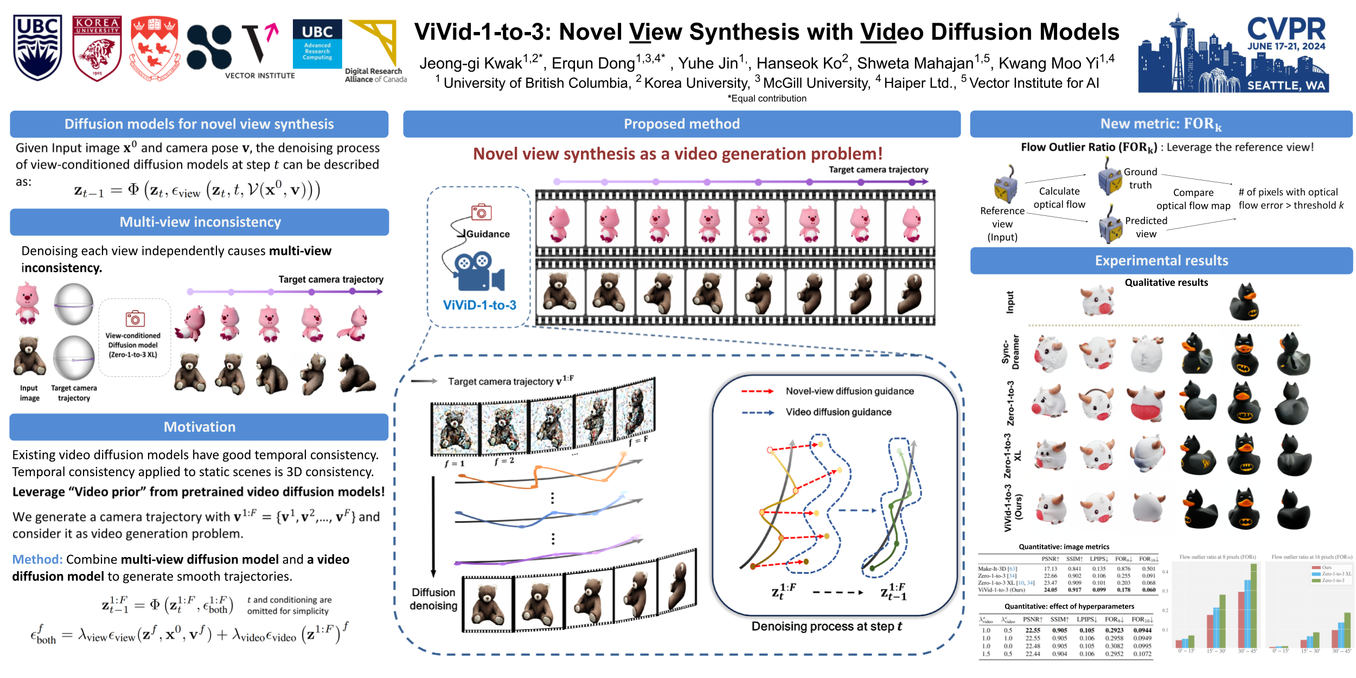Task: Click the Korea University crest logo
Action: (97, 48)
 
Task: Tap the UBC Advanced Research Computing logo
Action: (317, 44)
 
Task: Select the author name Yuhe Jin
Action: (711, 63)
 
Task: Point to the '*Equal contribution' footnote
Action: (767, 99)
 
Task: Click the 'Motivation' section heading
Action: (199, 427)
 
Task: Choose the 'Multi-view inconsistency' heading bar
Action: (200, 222)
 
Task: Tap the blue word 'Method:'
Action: (37, 559)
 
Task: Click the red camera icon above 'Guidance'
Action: (481, 212)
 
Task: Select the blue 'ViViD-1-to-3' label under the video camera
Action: (479, 305)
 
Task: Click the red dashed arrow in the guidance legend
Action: (757, 391)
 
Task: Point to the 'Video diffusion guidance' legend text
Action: (838, 412)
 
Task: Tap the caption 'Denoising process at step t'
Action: (826, 626)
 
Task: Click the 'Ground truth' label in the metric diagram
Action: (1140, 178)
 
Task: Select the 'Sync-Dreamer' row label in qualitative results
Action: (1010, 352)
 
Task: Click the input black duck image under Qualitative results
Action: (1244, 302)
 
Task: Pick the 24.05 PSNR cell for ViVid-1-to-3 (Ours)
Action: (1050, 590)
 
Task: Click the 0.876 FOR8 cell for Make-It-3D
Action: (1123, 569)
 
